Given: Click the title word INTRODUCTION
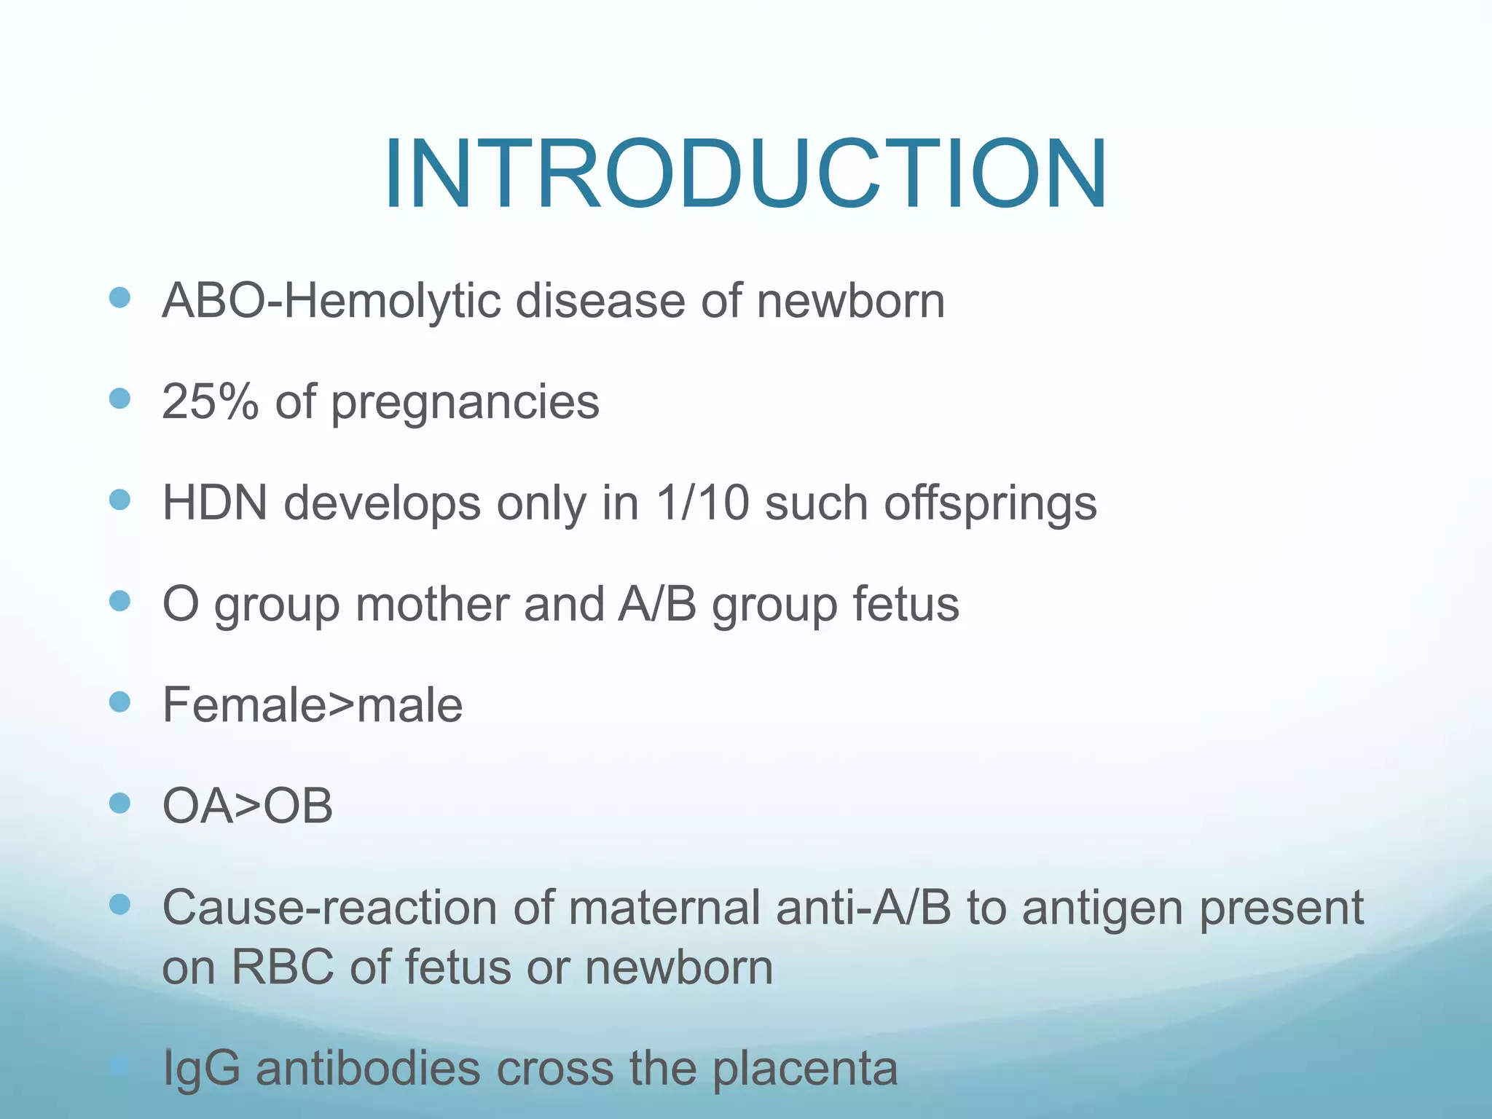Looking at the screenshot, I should [745, 175].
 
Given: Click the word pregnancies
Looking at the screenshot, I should [465, 403].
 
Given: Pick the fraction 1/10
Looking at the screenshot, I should [702, 503].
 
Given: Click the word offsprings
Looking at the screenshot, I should [990, 504].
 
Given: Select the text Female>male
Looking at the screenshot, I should [312, 704].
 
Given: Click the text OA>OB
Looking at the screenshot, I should [247, 806].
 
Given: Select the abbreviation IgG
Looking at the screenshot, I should [201, 1069].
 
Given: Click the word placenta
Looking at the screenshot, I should [804, 1069].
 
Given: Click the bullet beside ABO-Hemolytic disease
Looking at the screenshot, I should [119, 297].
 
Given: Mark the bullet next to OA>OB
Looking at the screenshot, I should [119, 803].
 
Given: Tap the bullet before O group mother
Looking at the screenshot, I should [119, 601].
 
